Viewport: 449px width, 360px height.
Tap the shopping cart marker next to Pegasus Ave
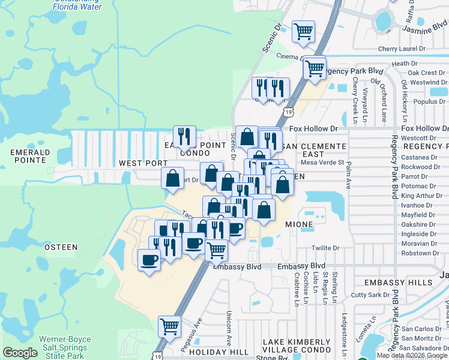[170, 326]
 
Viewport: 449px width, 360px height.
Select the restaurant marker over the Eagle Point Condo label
[184, 136]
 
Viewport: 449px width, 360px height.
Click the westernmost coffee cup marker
[148, 260]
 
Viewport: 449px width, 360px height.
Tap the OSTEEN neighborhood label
[61, 247]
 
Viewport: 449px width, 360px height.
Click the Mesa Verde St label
[322, 162]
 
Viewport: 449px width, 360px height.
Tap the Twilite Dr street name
[325, 248]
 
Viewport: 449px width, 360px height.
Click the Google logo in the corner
[20, 353]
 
